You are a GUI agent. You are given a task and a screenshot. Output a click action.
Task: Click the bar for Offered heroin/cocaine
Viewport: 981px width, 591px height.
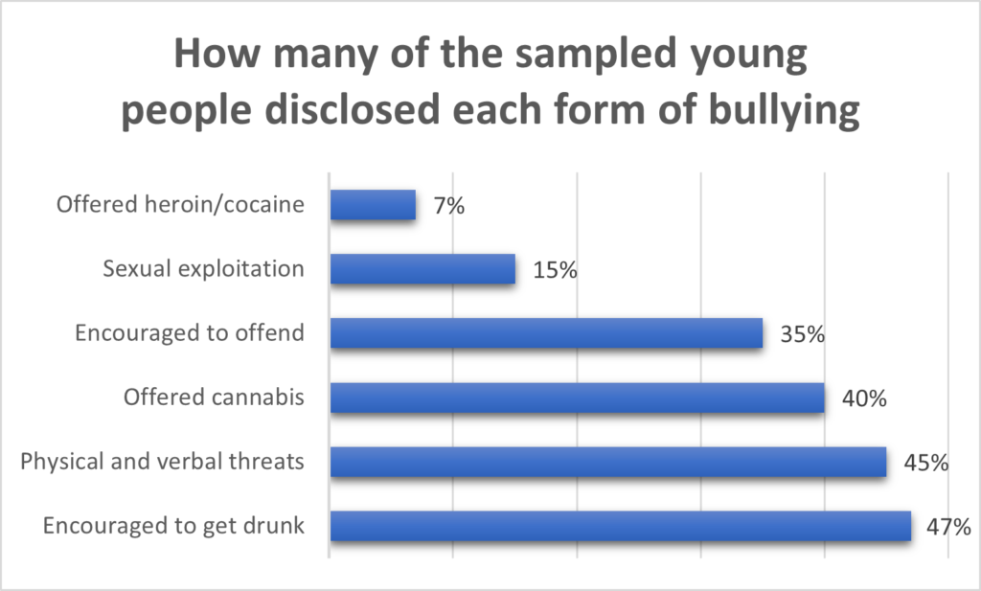(x=373, y=205)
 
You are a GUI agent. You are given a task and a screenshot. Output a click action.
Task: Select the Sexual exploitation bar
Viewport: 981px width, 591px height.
(x=422, y=269)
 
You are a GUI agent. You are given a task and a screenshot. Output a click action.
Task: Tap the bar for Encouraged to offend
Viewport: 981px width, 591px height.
(x=546, y=333)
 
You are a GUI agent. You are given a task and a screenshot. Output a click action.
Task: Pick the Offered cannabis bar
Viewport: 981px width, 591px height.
(x=577, y=398)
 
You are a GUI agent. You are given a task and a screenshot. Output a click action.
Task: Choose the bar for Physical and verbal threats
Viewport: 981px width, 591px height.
(x=608, y=462)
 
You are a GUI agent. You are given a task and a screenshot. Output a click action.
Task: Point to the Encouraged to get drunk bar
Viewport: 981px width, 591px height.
(x=620, y=526)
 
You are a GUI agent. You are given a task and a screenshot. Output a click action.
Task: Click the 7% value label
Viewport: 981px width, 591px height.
(x=448, y=205)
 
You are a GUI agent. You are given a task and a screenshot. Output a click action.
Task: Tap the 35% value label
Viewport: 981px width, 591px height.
(x=802, y=334)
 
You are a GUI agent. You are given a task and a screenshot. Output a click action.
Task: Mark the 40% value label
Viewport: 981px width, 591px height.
(x=864, y=398)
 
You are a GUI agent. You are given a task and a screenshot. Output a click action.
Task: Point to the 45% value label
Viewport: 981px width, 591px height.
(x=925, y=463)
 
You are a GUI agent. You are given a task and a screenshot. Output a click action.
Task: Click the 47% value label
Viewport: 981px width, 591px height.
(x=948, y=526)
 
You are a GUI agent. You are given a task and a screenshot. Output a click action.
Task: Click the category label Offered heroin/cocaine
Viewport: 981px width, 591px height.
(x=180, y=205)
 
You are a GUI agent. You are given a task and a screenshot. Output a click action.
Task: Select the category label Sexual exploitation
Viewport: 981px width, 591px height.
(x=203, y=269)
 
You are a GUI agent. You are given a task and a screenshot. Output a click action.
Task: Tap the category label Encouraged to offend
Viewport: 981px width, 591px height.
(x=190, y=333)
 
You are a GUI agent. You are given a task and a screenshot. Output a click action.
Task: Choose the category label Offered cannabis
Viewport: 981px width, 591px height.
(x=215, y=398)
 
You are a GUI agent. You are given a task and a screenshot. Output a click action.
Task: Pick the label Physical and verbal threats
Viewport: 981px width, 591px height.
(x=162, y=462)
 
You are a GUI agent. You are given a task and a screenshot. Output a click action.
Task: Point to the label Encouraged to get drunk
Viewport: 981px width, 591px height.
(x=173, y=526)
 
